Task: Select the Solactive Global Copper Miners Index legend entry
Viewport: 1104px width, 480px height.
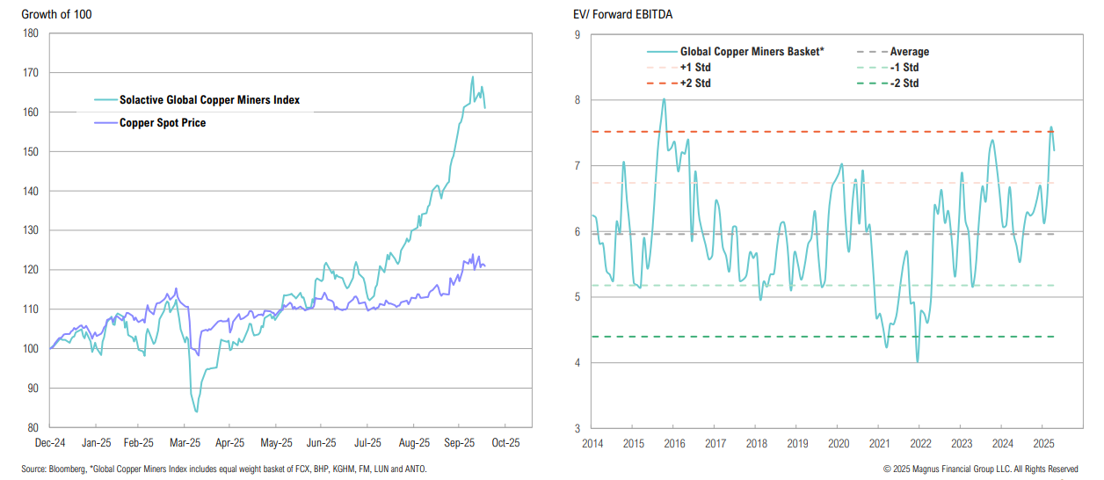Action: [209, 100]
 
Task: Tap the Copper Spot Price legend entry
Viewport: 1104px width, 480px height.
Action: [163, 123]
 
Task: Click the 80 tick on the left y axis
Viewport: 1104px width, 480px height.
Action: [32, 427]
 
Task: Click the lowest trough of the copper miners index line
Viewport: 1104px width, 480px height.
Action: [196, 411]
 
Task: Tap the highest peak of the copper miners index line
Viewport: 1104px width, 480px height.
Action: [472, 76]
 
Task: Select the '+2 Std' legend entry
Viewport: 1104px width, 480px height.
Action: [695, 84]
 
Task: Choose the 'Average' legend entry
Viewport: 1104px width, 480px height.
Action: [909, 52]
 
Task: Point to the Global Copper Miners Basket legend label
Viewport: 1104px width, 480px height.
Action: [752, 52]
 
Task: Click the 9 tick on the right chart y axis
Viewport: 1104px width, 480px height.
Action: [577, 35]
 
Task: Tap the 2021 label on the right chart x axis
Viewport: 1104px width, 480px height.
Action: [879, 443]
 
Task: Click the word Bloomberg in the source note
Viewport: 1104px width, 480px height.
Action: [69, 469]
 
